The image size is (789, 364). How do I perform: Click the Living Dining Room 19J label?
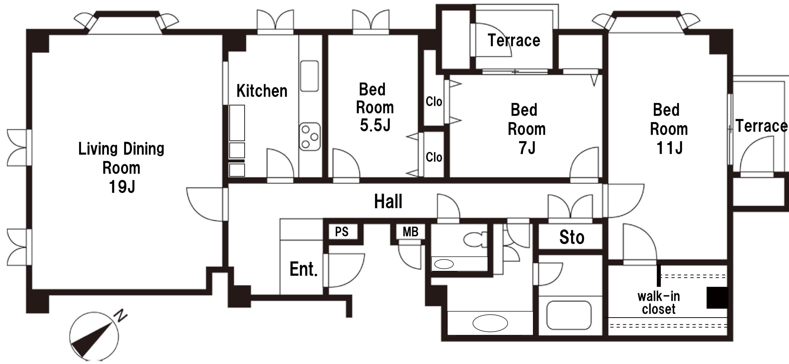[x=121, y=168]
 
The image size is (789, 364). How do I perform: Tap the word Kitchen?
[x=262, y=91]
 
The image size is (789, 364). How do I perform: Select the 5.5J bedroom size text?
[x=375, y=125]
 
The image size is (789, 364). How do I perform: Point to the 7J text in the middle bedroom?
[x=527, y=148]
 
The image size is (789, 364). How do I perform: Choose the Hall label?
[x=388, y=201]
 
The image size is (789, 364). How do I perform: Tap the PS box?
[x=342, y=232]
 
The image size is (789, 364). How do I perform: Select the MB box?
[x=410, y=232]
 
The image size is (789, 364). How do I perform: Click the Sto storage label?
[x=572, y=237]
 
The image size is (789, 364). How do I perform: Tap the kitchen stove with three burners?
[x=310, y=137]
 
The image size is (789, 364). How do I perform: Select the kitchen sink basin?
[x=309, y=76]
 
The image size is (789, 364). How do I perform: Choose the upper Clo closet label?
[x=434, y=102]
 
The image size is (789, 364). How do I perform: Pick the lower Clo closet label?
[x=434, y=157]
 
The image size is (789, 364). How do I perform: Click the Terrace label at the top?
[x=514, y=40]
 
